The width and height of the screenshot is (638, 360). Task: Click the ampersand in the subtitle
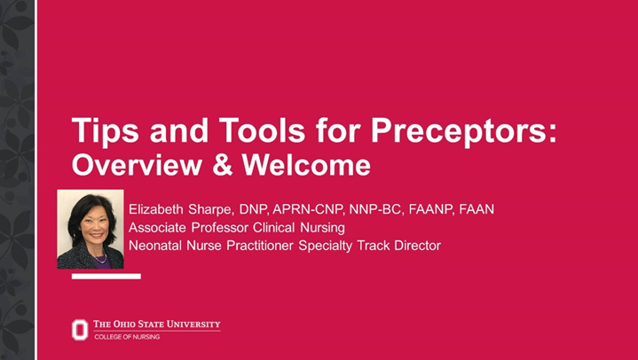[x=210, y=165]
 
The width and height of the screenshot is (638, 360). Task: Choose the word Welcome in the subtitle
[x=297, y=165]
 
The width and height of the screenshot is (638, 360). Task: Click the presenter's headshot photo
[x=91, y=229]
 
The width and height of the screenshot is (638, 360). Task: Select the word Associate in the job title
[x=158, y=228]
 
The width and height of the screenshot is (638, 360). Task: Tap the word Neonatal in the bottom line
[x=157, y=246]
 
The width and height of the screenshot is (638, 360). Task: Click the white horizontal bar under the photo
[x=106, y=277]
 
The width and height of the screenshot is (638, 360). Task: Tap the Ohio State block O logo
[x=80, y=330]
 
